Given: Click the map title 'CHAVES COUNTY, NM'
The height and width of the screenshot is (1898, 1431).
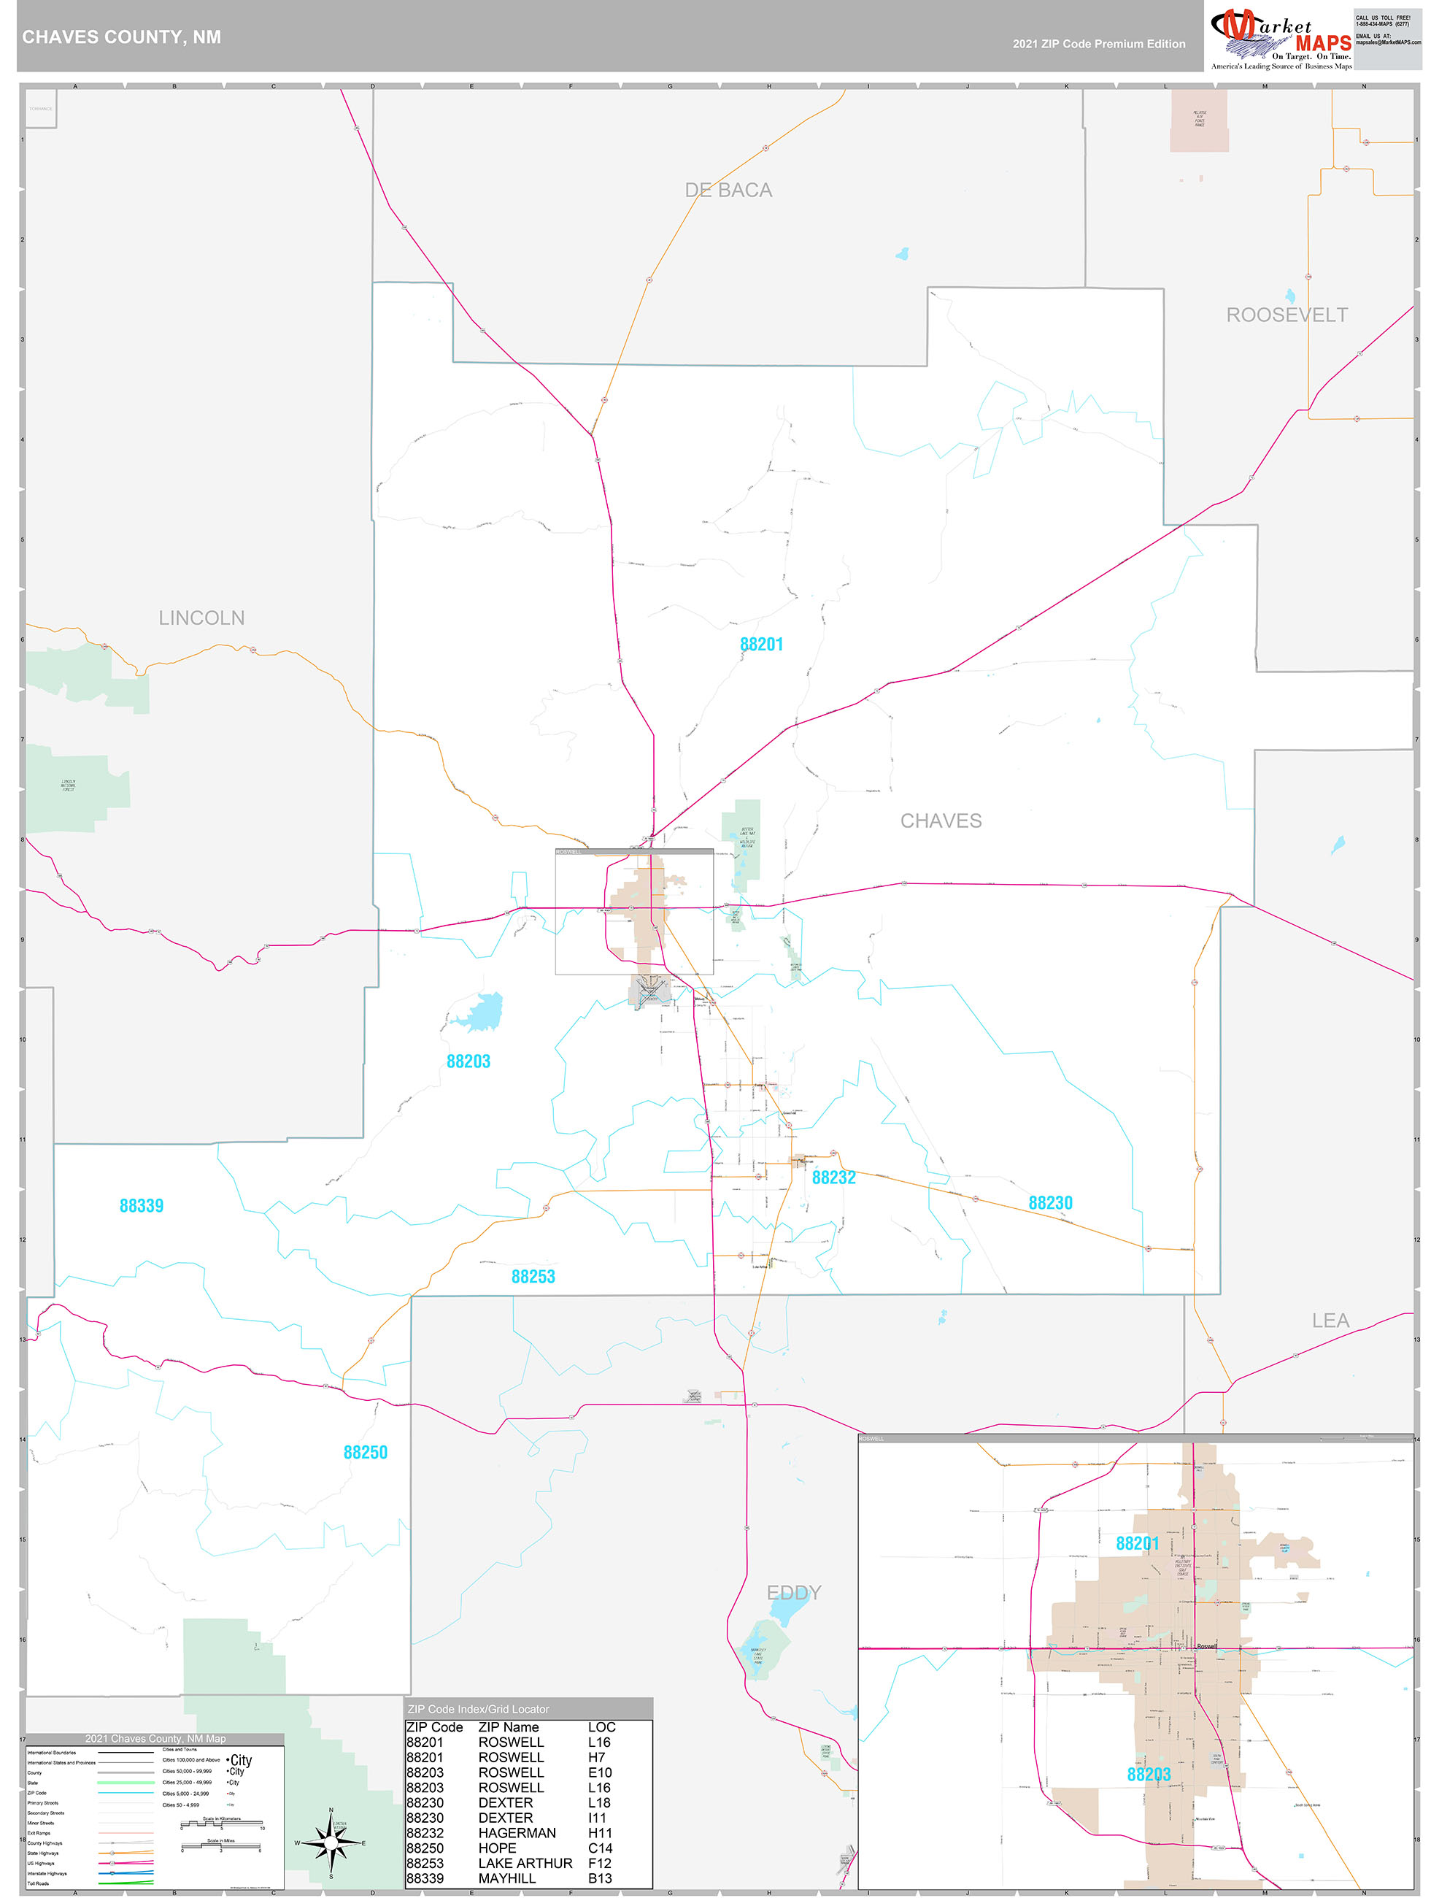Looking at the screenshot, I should (x=122, y=37).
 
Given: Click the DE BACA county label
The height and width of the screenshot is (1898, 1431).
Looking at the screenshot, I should (x=728, y=191).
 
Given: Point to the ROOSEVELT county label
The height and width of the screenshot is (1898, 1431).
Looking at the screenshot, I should (x=1286, y=315).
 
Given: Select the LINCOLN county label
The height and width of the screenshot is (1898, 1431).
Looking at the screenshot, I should (x=201, y=618).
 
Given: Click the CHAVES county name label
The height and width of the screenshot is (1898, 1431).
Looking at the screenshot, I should (x=941, y=821).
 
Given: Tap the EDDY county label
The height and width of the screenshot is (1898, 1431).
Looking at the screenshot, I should (x=793, y=1593).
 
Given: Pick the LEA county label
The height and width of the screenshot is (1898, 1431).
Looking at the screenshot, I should (x=1330, y=1321).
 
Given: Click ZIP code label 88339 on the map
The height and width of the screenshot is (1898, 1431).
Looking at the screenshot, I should (x=142, y=1205).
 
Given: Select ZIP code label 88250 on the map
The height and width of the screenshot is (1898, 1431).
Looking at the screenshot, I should (x=366, y=1452).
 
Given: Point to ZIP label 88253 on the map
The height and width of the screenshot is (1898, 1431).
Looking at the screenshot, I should (x=533, y=1276).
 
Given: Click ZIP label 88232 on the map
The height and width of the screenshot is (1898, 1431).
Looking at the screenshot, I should (x=834, y=1177).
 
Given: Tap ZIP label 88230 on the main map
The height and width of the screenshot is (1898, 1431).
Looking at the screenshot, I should (x=1050, y=1203).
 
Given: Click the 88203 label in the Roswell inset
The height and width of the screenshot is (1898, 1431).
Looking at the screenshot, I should (x=1148, y=1774).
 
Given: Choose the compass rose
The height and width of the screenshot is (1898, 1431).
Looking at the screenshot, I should (x=331, y=1843).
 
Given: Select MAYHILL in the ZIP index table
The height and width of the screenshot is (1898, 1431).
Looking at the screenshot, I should (x=507, y=1878).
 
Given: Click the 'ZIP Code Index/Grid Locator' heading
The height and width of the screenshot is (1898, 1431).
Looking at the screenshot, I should (x=479, y=1708).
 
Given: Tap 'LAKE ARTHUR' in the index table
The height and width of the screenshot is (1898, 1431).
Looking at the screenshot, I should (x=525, y=1863).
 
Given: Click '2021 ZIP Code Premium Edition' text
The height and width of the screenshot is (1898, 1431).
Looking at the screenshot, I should (x=1098, y=44).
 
